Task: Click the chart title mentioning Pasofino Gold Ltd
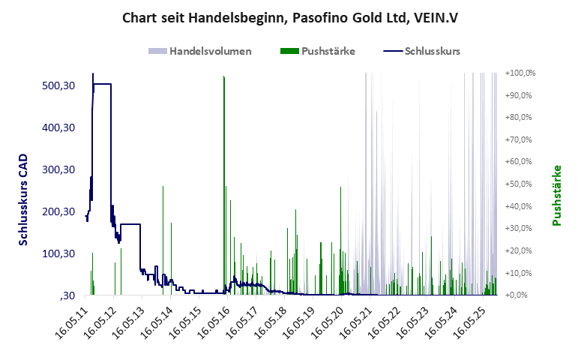290,16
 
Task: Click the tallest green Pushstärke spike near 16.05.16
224,82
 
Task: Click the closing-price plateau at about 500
103,84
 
